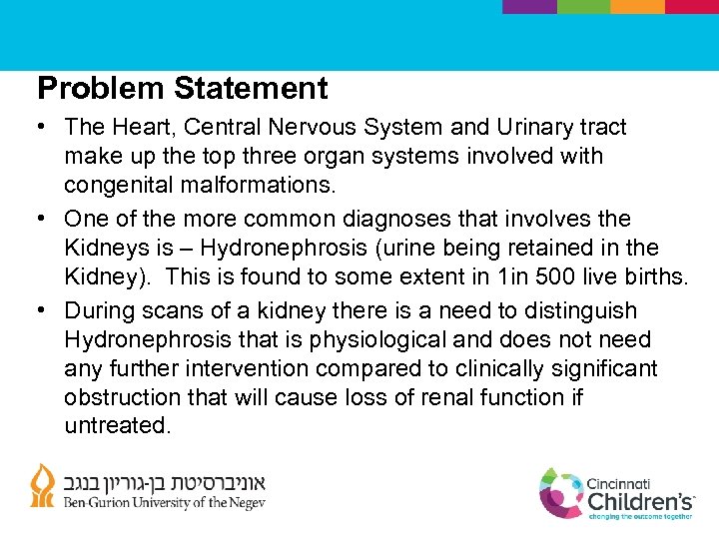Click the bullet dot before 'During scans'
click(45, 311)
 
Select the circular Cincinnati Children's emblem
click(561, 492)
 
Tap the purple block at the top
click(529, 6)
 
